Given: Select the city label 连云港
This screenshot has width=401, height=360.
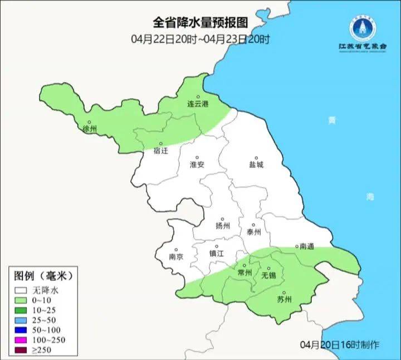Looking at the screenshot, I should click(197, 104).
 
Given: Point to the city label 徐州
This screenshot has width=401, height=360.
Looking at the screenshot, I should click(89, 129).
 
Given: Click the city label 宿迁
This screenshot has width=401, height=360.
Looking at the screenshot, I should click(160, 150).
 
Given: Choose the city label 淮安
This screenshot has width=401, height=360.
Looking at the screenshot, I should click(197, 165).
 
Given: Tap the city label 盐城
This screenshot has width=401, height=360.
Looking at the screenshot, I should click(256, 165).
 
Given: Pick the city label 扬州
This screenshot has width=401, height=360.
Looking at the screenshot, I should click(223, 226).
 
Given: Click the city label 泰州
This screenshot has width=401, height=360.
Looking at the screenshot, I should click(254, 232).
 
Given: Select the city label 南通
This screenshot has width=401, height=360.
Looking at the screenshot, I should click(307, 246).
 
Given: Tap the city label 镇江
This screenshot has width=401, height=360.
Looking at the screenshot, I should click(217, 253).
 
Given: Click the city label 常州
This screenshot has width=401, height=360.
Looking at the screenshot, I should click(244, 273).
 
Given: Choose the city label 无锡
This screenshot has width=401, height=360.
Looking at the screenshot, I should click(268, 276).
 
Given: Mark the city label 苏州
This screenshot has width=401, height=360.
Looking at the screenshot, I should click(284, 300).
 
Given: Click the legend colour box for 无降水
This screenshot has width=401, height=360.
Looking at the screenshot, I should click(22, 290).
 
